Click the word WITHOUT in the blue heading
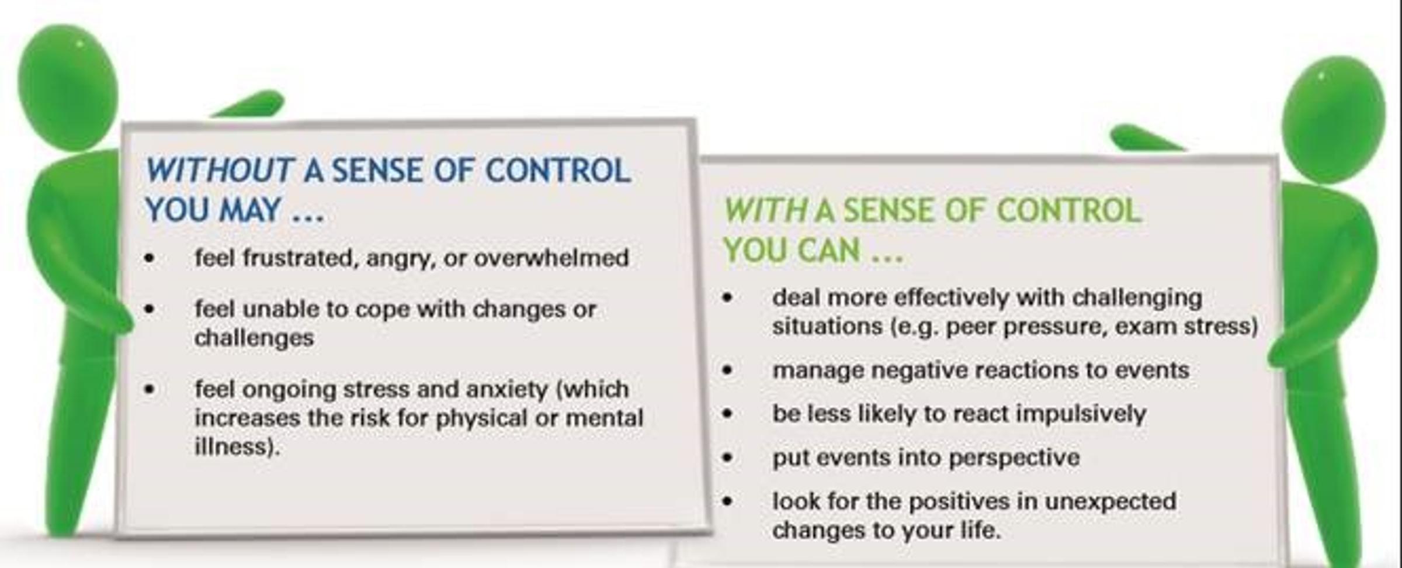(x=219, y=171)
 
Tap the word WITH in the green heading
(x=766, y=210)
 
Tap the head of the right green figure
(x=1334, y=120)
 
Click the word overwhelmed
(x=551, y=258)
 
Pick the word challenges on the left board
(x=254, y=338)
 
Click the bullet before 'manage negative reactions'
(x=727, y=370)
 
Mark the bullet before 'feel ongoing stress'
(x=150, y=389)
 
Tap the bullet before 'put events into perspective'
(x=727, y=457)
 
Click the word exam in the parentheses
(x=1146, y=327)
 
